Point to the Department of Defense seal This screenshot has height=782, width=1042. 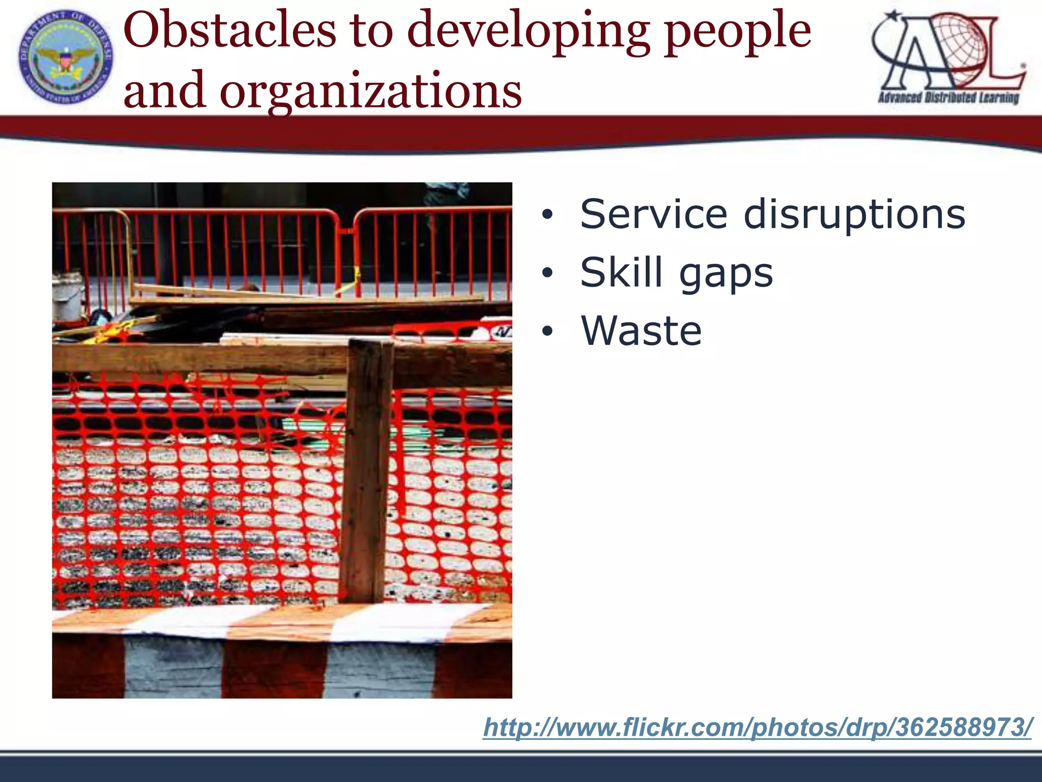[66, 58]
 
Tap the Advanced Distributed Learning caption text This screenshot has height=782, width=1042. [948, 97]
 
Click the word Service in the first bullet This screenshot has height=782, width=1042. [654, 214]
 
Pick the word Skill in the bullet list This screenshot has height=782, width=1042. [621, 272]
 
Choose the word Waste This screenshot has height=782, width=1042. [641, 331]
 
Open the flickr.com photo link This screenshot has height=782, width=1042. [758, 727]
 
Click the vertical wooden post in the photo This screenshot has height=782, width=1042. [366, 468]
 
